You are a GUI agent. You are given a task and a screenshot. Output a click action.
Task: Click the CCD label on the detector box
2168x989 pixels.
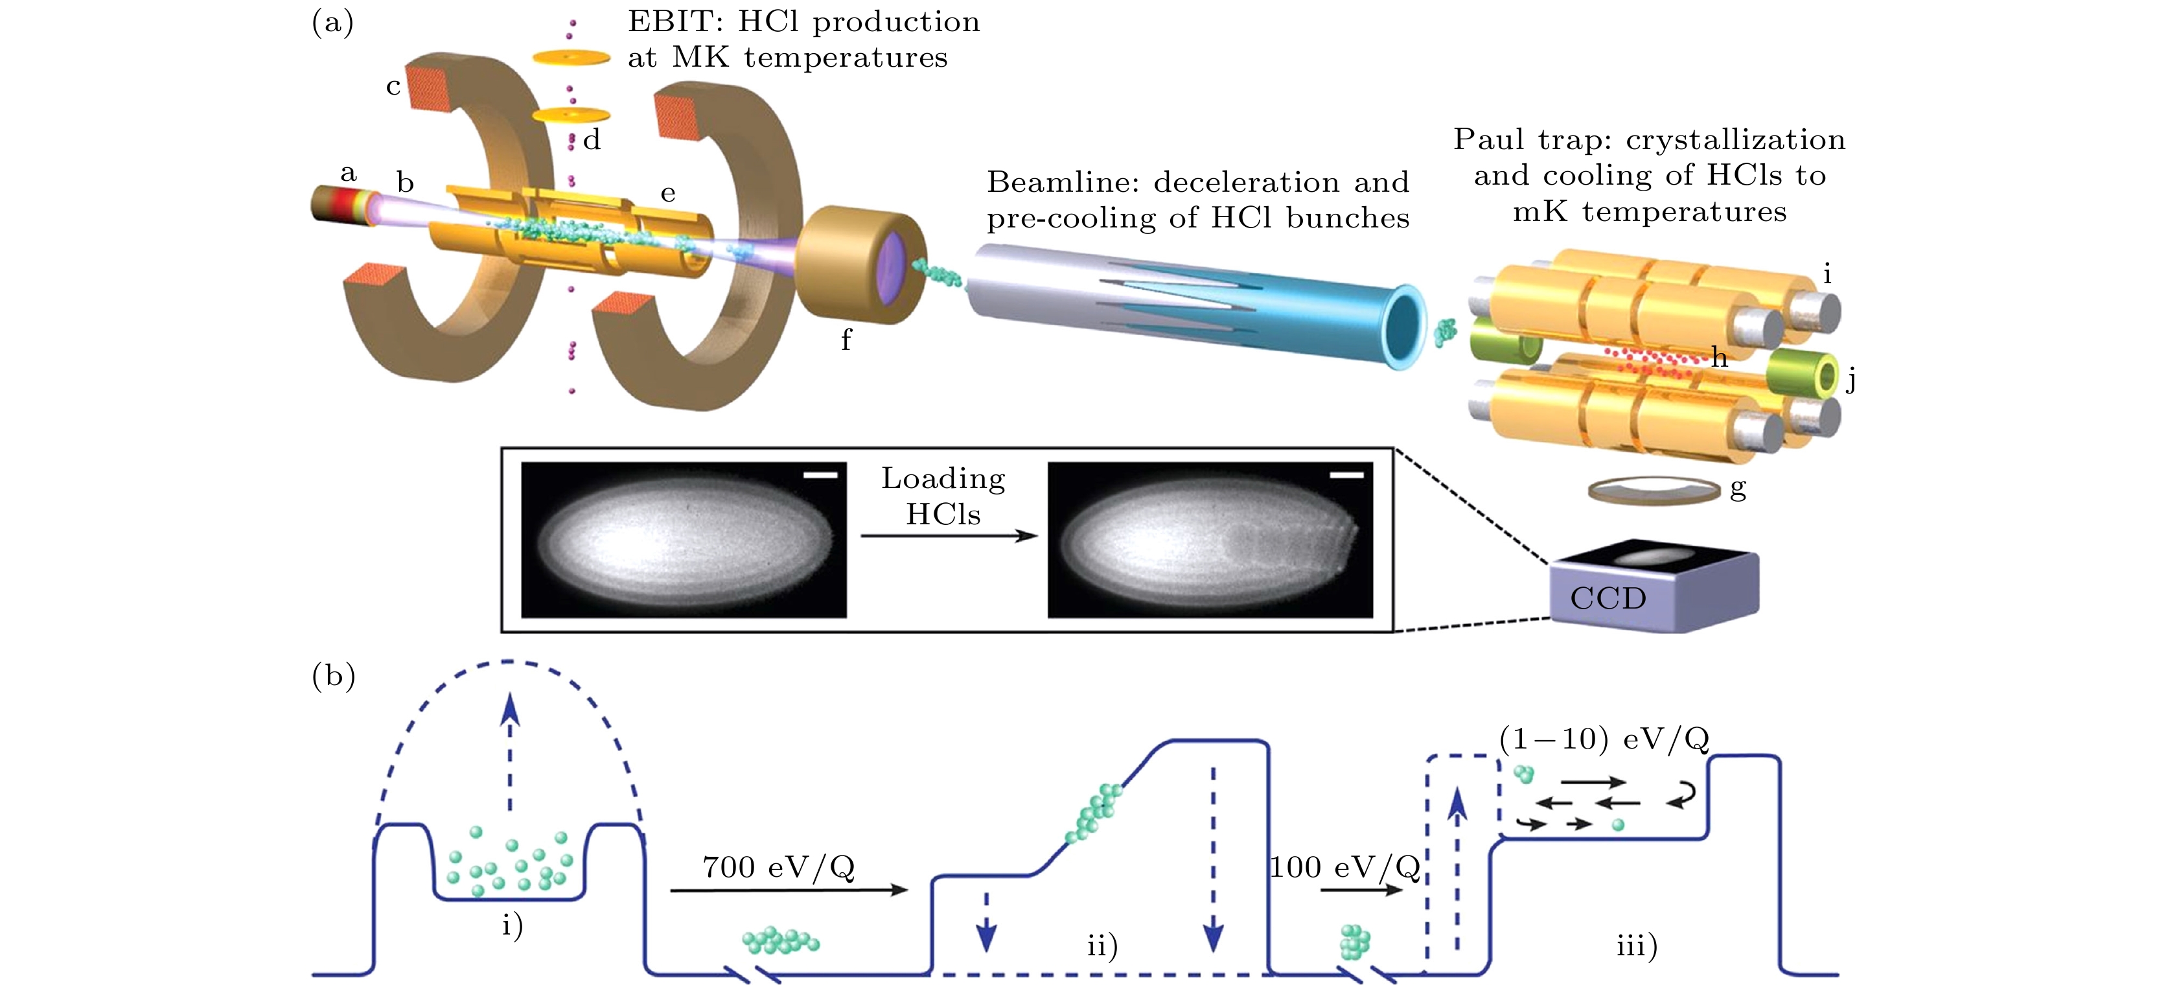[1608, 598]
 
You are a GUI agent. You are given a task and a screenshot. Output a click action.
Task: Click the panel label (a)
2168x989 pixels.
[332, 22]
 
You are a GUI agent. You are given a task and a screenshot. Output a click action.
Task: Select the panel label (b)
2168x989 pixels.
[333, 675]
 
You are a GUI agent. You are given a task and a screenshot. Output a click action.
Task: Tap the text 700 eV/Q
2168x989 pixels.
[778, 867]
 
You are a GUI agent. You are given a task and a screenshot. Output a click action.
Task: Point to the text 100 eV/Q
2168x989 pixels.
[1344, 867]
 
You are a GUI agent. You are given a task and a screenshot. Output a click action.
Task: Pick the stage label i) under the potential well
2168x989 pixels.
[513, 925]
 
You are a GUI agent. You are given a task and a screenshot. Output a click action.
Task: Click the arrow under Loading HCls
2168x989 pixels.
[949, 536]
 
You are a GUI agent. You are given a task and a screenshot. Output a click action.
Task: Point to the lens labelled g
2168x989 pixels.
[1654, 491]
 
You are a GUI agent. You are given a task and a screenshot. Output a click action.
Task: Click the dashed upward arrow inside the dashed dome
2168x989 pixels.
[509, 749]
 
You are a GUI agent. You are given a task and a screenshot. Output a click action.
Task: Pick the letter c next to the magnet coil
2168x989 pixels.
[393, 87]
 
